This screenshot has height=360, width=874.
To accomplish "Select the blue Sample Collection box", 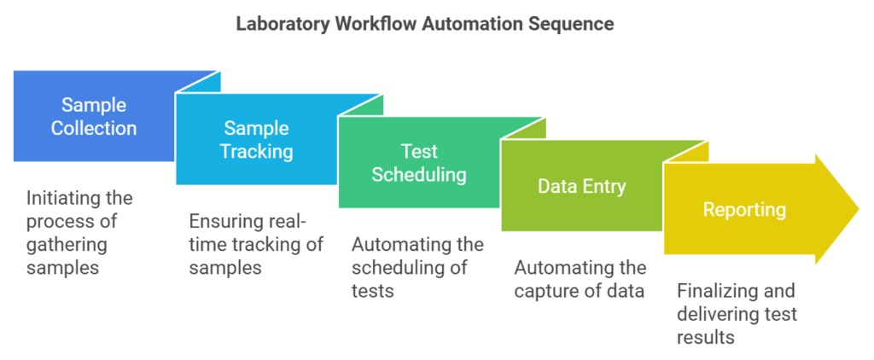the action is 94,117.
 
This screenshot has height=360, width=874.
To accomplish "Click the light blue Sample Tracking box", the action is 256,139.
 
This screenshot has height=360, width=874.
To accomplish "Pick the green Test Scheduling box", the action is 419,162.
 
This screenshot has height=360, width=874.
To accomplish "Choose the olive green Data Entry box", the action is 581,186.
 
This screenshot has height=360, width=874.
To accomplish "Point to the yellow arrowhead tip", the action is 859,210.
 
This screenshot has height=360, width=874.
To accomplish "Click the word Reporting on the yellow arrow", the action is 744,210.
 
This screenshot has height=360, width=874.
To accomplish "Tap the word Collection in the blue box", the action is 94,128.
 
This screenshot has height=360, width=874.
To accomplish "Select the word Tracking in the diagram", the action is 256,151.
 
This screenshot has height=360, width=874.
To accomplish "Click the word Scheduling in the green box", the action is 419,174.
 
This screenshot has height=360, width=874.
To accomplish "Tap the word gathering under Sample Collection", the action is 67,244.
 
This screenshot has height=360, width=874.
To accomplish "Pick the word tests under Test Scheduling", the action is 372,290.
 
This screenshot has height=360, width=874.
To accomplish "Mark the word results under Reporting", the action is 705,337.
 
